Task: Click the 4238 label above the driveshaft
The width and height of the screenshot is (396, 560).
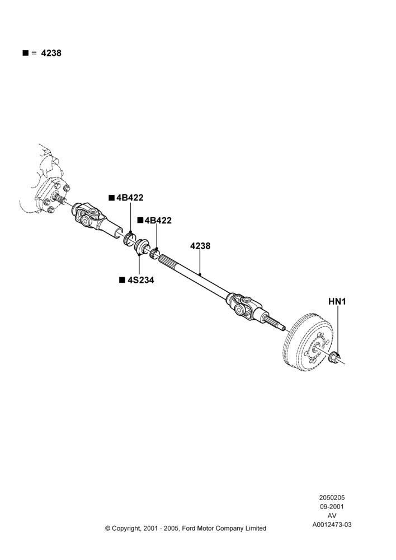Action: [200, 246]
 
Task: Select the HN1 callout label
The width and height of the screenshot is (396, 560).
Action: [337, 301]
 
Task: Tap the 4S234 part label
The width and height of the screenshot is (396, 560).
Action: [140, 280]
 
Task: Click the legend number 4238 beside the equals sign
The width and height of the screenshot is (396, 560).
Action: [51, 53]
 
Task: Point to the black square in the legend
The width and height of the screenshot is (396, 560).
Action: [25, 53]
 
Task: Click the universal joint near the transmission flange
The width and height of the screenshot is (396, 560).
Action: [89, 216]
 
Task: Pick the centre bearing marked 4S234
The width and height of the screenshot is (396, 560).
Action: [142, 247]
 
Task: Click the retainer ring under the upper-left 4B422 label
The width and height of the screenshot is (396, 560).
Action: [130, 238]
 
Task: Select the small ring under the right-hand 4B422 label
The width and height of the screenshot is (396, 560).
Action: [155, 253]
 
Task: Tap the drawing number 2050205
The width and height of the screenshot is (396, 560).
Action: [332, 497]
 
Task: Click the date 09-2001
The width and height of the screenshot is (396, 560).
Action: [332, 506]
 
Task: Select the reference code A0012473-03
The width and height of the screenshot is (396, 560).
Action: [332, 525]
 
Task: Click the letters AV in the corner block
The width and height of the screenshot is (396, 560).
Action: [332, 515]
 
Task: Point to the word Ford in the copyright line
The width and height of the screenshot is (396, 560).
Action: [189, 528]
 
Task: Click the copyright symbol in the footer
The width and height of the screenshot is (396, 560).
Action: [107, 528]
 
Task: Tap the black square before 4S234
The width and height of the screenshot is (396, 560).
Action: [122, 279]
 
